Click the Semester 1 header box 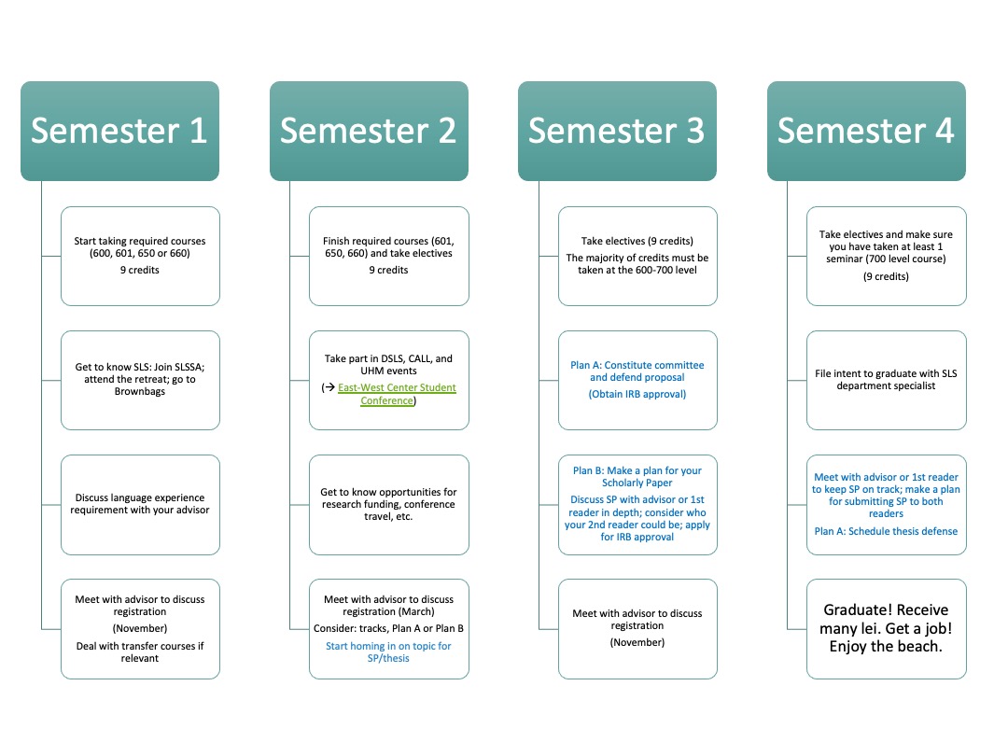(119, 131)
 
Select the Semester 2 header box (369, 131)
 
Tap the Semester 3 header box (617, 131)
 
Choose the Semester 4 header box (866, 131)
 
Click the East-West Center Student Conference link (396, 394)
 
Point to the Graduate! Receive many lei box (887, 629)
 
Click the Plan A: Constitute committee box (637, 380)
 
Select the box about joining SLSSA (140, 380)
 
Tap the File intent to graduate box (887, 380)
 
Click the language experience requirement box (140, 505)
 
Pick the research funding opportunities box (389, 505)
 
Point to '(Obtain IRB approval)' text (637, 394)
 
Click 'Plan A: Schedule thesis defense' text (886, 531)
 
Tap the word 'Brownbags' (139, 391)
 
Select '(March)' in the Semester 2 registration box (416, 611)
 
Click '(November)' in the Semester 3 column (637, 642)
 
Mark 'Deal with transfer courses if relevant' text (139, 651)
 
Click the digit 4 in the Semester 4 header (944, 131)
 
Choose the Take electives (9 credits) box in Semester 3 (637, 256)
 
